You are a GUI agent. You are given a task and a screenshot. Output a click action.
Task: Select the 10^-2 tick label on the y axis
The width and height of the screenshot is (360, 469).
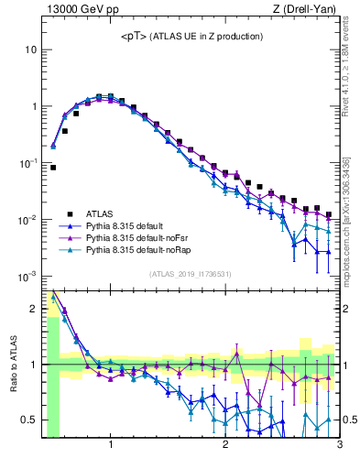point(27,220)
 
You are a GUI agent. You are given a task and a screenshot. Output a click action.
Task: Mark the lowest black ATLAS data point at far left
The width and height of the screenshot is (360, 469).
point(53,168)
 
